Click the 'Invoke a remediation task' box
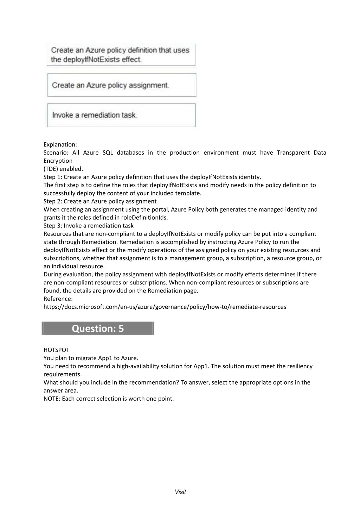[121, 115]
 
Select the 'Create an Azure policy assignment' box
[122, 85]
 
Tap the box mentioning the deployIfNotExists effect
[121, 55]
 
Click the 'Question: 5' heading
[98, 328]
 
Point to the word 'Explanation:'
[60, 144]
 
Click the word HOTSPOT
[57, 350]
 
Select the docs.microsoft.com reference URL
[165, 307]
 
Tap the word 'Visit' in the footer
[180, 492]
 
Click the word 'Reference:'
[58, 299]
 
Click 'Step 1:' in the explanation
[53, 177]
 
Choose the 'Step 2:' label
[53, 201]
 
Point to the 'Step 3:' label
[53, 226]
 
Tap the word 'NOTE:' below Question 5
[52, 399]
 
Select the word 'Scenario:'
[56, 153]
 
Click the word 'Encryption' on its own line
[58, 161]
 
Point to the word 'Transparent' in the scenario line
[293, 153]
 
